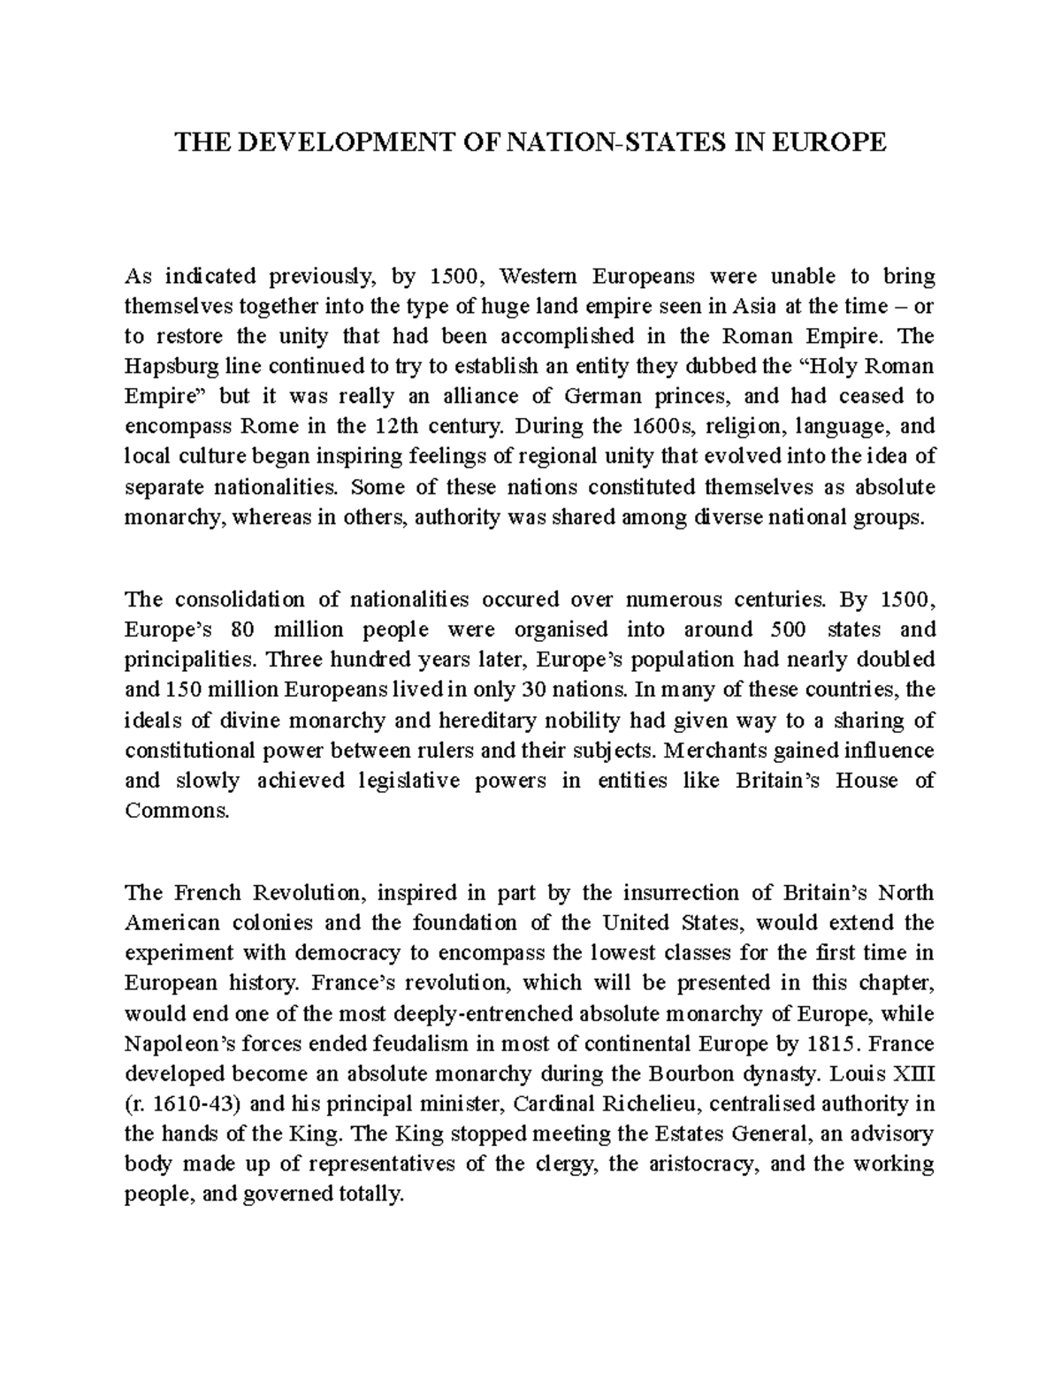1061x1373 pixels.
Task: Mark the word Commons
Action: tap(177, 811)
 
